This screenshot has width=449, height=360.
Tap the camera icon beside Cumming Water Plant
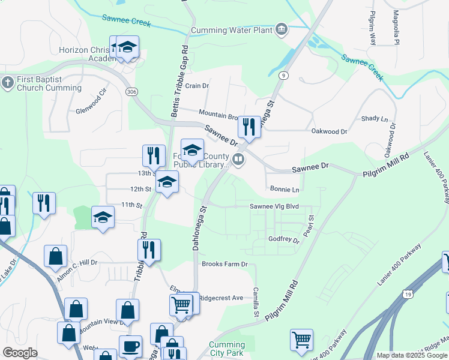tap(281, 29)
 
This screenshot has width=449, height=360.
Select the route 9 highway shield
tap(283, 75)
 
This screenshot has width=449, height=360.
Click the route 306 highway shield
tap(131, 91)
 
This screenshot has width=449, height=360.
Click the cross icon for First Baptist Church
tap(7, 83)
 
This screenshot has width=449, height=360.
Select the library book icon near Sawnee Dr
tap(239, 160)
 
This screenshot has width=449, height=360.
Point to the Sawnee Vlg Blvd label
tap(274, 206)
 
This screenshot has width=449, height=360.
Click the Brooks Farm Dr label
tap(224, 264)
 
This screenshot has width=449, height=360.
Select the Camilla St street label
tap(256, 305)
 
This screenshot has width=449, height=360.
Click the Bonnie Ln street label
tap(285, 190)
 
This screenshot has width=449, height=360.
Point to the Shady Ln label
tap(375, 119)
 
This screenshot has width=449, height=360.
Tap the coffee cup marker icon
tap(130, 347)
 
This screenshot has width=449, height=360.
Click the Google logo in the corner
tap(20, 353)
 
